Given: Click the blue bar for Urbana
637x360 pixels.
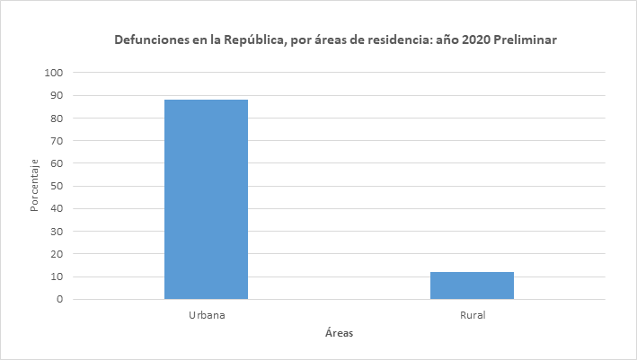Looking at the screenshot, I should [206, 199].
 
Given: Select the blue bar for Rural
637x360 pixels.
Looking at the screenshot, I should [472, 285].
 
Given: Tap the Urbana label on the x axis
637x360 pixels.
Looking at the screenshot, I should [206, 315].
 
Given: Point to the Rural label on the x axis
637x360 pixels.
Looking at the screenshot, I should [472, 315].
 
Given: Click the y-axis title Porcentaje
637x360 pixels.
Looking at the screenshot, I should [34, 186].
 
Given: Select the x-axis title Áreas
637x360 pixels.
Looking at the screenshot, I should [339, 334].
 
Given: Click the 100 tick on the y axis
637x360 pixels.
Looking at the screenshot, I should [56, 73].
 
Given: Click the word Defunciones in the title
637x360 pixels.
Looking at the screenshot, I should [148, 41].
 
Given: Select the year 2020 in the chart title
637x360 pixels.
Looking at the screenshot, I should [477, 41].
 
